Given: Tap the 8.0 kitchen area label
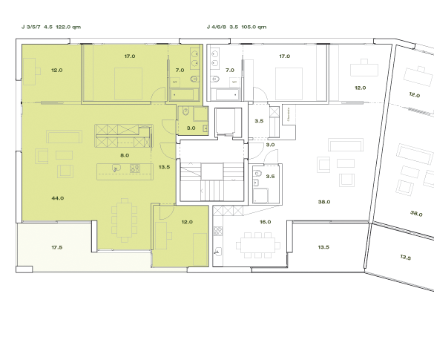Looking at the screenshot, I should click(125, 155).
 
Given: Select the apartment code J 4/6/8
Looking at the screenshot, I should click(217, 27).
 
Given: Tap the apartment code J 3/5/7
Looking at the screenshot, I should click(32, 27).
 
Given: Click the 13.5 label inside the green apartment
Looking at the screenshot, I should click(165, 167).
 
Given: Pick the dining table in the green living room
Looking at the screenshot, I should click(124, 220).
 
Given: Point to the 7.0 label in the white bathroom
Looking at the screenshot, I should click(229, 69).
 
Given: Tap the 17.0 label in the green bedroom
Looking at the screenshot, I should click(129, 56).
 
